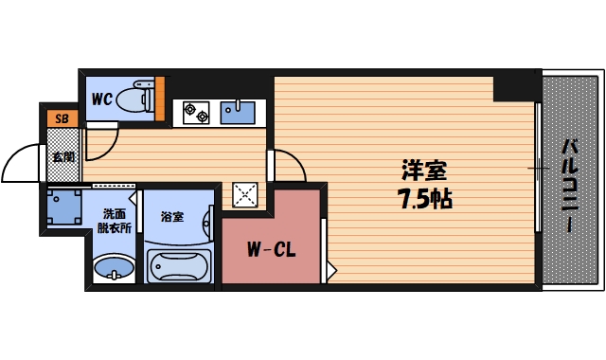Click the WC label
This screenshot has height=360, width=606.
pos(102,97)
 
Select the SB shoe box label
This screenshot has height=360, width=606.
pos(62,119)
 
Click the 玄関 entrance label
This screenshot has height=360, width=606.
pos(62,157)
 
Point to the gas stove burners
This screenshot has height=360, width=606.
pos(196,112)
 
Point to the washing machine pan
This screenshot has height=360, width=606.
pos(64,207)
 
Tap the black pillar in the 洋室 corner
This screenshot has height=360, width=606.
pos(516,87)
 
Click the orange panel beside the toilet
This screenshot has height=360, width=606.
pos(159,96)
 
